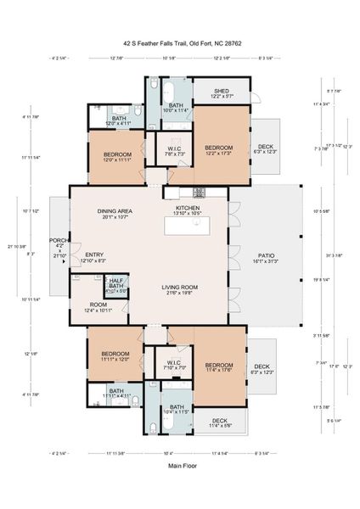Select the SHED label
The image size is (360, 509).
(222, 93)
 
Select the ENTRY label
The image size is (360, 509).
(93, 258)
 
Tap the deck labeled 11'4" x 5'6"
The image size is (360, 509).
(219, 422)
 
